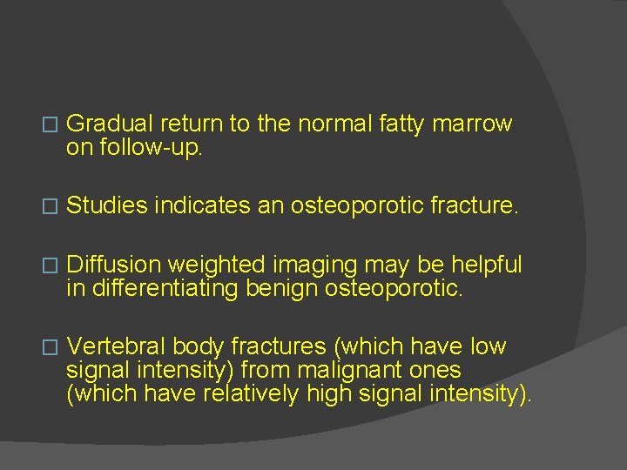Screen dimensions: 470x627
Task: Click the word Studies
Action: pyautogui.click(x=106, y=205)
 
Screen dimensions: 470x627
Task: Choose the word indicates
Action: pyautogui.click(x=197, y=205)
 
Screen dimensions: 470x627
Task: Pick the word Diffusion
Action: pyautogui.click(x=114, y=265)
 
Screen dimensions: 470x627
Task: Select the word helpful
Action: pyautogui.click(x=482, y=265)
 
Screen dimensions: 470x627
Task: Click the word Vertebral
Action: pyautogui.click(x=112, y=346)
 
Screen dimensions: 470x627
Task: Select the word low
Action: pyautogui.click(x=488, y=346)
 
